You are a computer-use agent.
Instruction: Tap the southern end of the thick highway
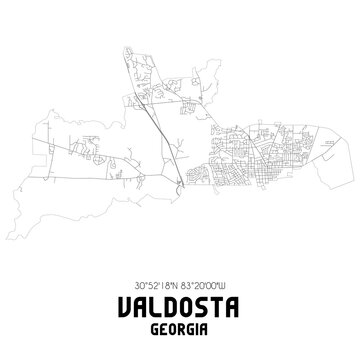pyautogui.click(x=178, y=185)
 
